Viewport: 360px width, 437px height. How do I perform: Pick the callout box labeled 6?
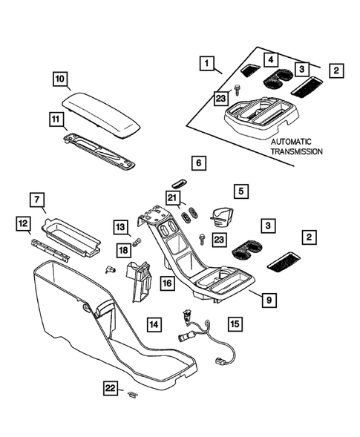(x=198, y=161)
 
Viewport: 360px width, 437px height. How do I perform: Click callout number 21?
(x=172, y=197)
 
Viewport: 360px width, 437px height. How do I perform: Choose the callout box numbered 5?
(x=241, y=191)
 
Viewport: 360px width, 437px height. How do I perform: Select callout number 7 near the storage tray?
(x=37, y=200)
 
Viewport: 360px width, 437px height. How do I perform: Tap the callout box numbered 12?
(x=24, y=223)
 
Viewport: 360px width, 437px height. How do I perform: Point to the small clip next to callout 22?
(x=132, y=393)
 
